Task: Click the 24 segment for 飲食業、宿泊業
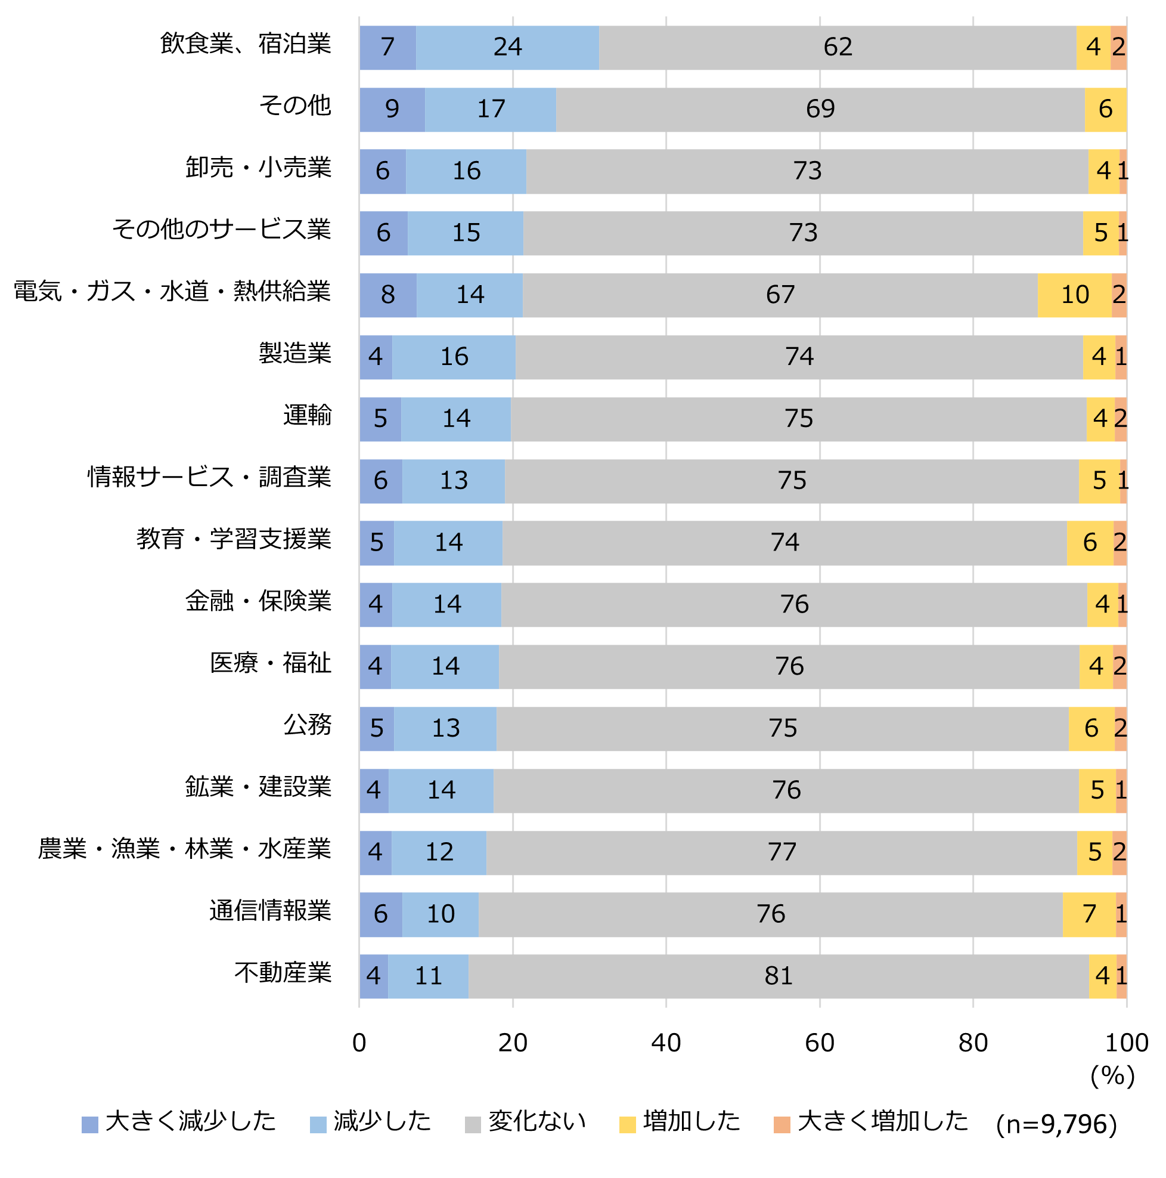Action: pyautogui.click(x=507, y=47)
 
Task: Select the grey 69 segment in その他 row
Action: pyautogui.click(x=820, y=109)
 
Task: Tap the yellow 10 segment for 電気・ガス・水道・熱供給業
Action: pyautogui.click(x=1074, y=295)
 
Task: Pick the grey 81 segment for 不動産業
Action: pyautogui.click(x=779, y=976)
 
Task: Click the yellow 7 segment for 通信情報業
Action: pyautogui.click(x=1089, y=914)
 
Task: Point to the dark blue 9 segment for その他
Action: pyautogui.click(x=392, y=109)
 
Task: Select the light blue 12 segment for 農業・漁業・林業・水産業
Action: pyautogui.click(x=439, y=852)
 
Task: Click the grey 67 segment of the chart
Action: pyautogui.click(x=780, y=295)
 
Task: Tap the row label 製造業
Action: pyautogui.click(x=295, y=354)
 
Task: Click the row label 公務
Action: pyautogui.click(x=307, y=725)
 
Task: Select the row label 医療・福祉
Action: pyautogui.click(x=271, y=663)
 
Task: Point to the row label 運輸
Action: pyautogui.click(x=307, y=416)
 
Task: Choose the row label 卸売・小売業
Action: pyautogui.click(x=259, y=168)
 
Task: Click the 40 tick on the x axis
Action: pyautogui.click(x=666, y=1043)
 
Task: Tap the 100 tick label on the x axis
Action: pyautogui.click(x=1127, y=1043)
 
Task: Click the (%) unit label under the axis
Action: pyautogui.click(x=1112, y=1075)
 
